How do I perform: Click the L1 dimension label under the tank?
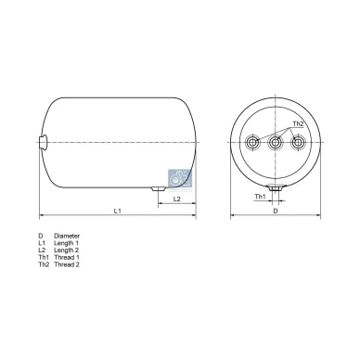[x=117, y=211]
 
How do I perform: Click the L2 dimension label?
[x=176, y=199]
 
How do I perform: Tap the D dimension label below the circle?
[x=276, y=211]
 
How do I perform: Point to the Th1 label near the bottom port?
[x=260, y=197]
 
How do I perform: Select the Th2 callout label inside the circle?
[x=298, y=123]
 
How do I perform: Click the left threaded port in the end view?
[x=253, y=143]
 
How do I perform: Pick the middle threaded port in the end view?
[x=276, y=143]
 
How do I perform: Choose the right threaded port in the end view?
[x=298, y=143]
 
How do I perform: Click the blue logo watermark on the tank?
[x=180, y=178]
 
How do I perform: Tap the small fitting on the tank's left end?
[x=43, y=143]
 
